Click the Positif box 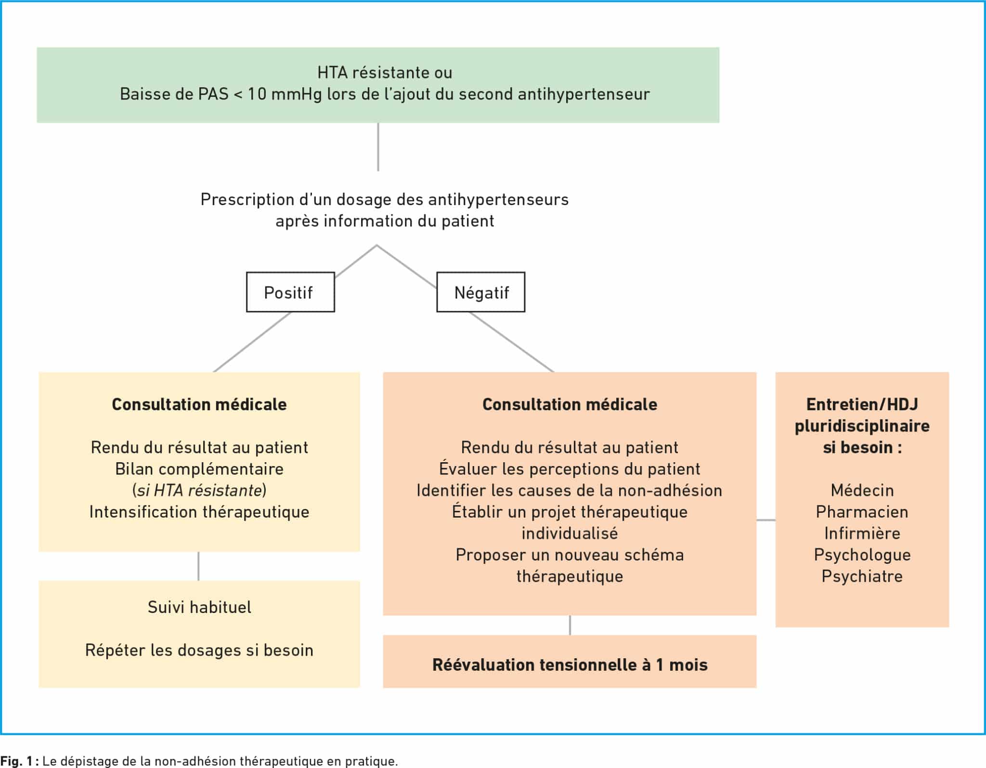pyautogui.click(x=290, y=292)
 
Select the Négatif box pyautogui.click(x=480, y=292)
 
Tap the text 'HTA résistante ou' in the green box pyautogui.click(x=385, y=73)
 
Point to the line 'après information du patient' pyautogui.click(x=385, y=221)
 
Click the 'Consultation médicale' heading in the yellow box pyautogui.click(x=199, y=404)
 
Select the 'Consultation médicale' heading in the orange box pyautogui.click(x=570, y=404)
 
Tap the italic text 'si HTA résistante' pyautogui.click(x=199, y=490)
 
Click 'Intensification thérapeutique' pyautogui.click(x=199, y=512)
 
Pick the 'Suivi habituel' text pyautogui.click(x=199, y=607)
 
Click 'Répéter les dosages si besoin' pyautogui.click(x=199, y=650)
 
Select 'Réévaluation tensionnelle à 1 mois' pyautogui.click(x=570, y=665)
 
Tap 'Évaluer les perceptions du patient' pyautogui.click(x=570, y=469)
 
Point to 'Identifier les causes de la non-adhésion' pyautogui.click(x=570, y=490)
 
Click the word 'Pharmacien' pyautogui.click(x=862, y=512)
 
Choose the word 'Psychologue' pyautogui.click(x=862, y=555)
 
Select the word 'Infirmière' pyautogui.click(x=862, y=533)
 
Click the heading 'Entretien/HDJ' pyautogui.click(x=862, y=404)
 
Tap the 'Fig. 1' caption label pyautogui.click(x=15, y=761)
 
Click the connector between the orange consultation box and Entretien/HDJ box pyautogui.click(x=766, y=520)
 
